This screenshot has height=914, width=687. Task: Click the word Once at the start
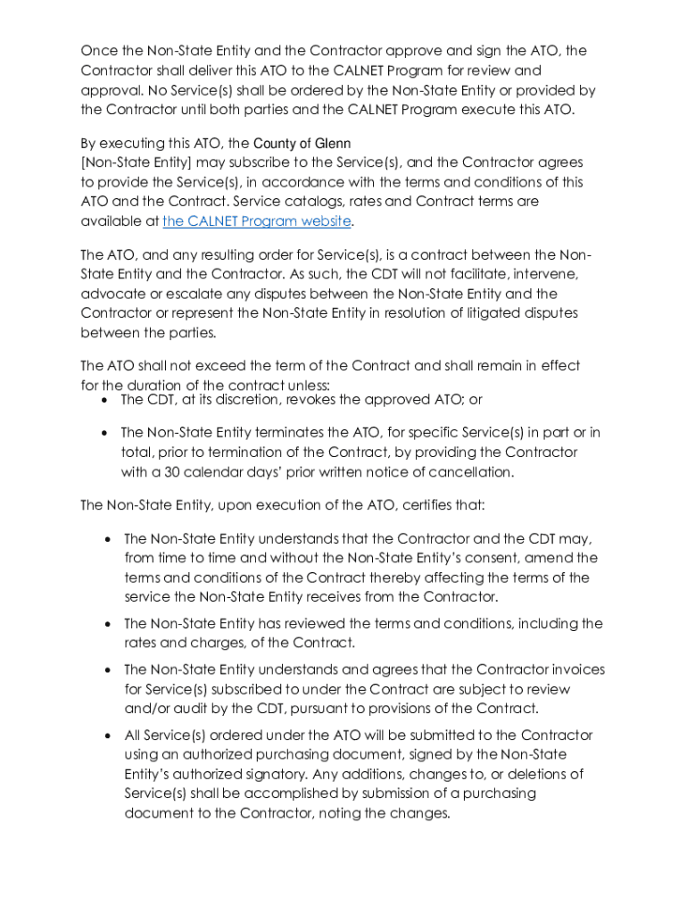98,51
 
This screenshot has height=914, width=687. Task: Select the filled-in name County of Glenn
302,144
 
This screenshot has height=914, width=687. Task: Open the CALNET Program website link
257,221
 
